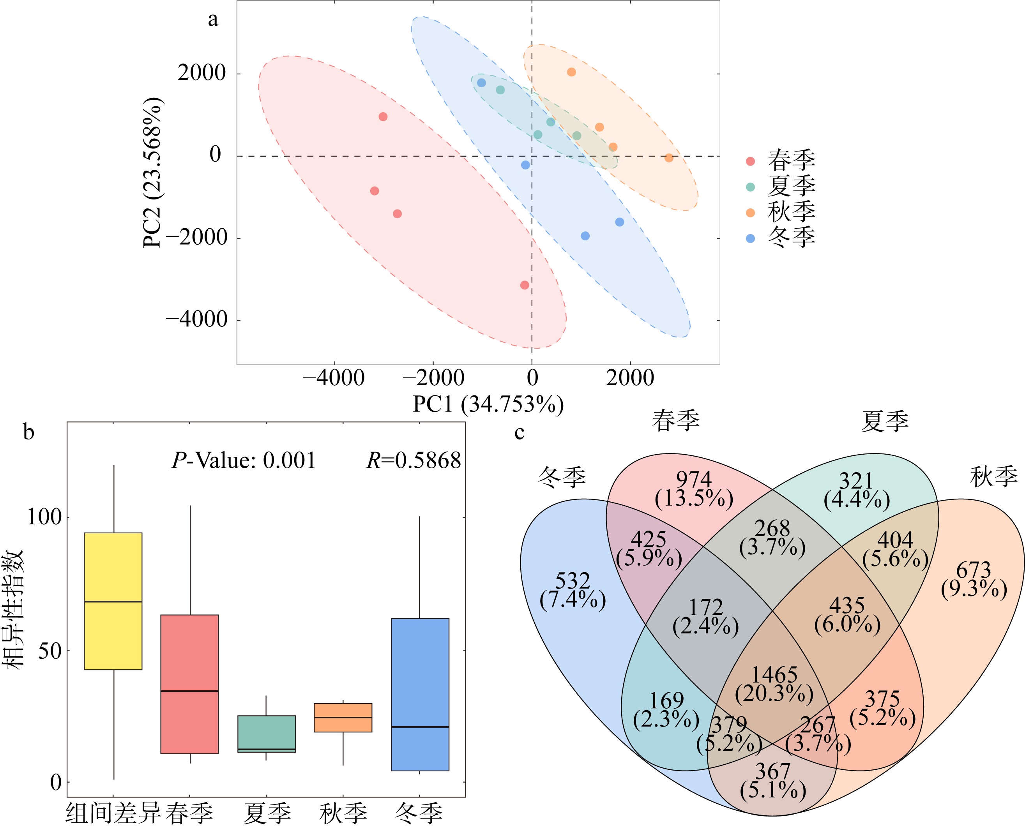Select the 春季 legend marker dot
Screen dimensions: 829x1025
(750, 161)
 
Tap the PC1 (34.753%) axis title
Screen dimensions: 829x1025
(488, 404)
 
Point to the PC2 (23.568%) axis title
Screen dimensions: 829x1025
(153, 173)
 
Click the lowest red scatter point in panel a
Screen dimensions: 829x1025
(525, 285)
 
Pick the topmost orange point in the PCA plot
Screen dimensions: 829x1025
(571, 72)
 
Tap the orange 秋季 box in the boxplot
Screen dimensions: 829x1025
(343, 717)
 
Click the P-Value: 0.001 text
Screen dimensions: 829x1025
(244, 461)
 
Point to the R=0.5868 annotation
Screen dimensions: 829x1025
(414, 461)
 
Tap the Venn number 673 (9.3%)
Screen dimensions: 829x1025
(974, 580)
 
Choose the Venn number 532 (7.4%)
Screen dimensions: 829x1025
(573, 590)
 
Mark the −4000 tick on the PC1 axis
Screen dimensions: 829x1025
(334, 378)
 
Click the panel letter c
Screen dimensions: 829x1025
(520, 433)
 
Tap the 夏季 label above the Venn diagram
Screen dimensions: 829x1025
(885, 422)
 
